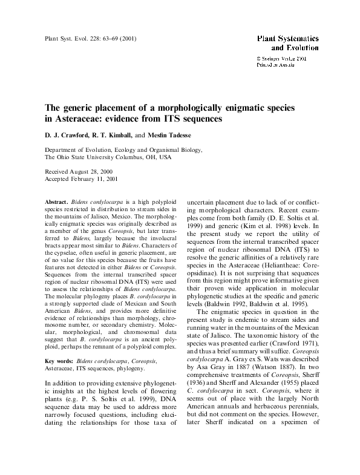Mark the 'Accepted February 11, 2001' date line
[x=82, y=180]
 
